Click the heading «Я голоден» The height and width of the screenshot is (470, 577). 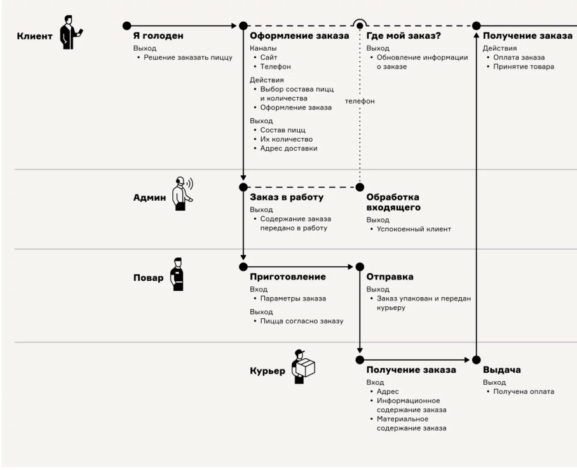pyautogui.click(x=158, y=36)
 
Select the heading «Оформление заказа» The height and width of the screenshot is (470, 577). pyautogui.click(x=299, y=36)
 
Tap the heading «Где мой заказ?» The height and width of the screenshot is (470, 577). pyautogui.click(x=404, y=36)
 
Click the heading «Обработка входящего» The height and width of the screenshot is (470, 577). pyautogui.click(x=393, y=203)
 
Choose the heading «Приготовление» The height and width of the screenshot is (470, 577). pyautogui.click(x=288, y=277)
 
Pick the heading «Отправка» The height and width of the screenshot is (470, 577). pyautogui.click(x=390, y=277)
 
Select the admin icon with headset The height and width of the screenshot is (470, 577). pyautogui.click(x=182, y=193)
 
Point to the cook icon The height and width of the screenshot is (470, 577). pyautogui.click(x=178, y=274)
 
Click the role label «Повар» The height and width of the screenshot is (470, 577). pyautogui.click(x=148, y=278)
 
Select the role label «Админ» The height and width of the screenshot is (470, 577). pyautogui.click(x=149, y=198)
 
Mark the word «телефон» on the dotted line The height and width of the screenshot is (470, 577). pyautogui.click(x=360, y=101)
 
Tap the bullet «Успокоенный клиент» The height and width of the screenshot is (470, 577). pyautogui.click(x=414, y=229)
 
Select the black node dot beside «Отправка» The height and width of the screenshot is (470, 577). pyautogui.click(x=360, y=267)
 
